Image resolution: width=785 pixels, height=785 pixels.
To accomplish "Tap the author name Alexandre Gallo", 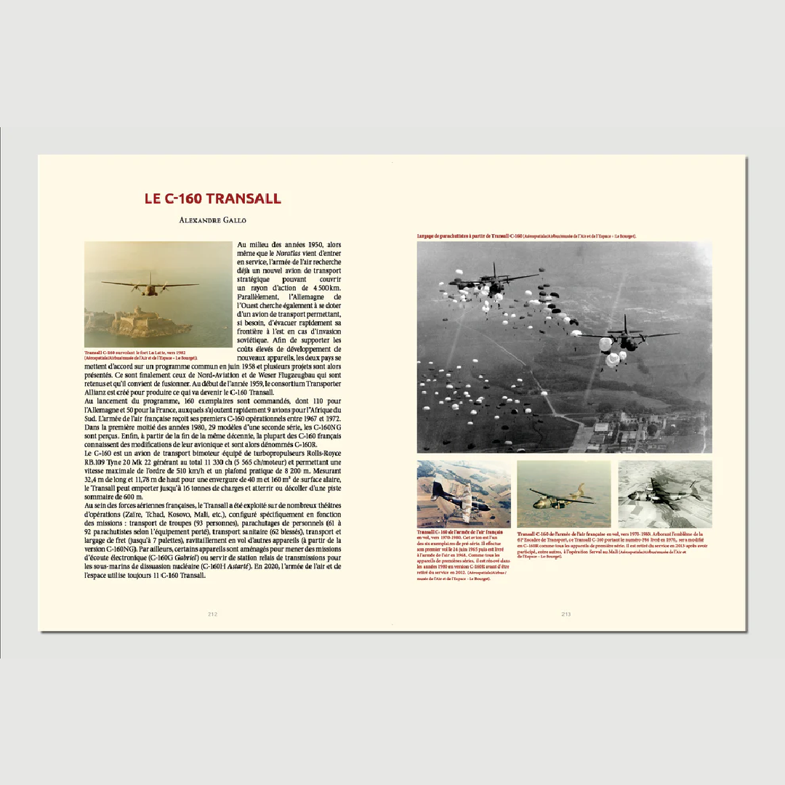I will point(212,219).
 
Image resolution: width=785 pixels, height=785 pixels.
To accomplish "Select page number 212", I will point(212,614).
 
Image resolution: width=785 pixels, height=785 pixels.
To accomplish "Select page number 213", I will point(565,614).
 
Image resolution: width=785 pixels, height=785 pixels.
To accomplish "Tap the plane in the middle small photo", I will point(561,497).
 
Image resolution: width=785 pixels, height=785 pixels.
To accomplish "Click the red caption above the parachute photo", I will point(527,236).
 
